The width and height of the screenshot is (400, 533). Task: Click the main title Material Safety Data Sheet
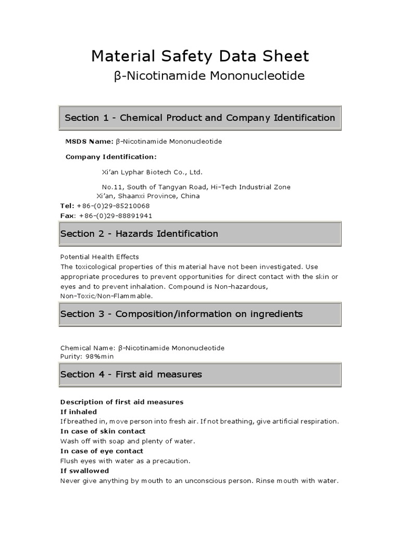tap(200, 56)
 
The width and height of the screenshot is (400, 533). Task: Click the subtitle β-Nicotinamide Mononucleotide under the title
tap(209, 77)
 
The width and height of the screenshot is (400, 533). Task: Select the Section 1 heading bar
tap(200, 118)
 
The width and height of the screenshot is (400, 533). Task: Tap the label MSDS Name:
tap(89, 141)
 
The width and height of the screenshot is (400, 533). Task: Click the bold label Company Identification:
tap(110, 157)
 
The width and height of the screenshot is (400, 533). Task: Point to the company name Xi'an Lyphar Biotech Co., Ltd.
tap(152, 172)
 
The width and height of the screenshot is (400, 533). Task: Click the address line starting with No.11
tap(196, 187)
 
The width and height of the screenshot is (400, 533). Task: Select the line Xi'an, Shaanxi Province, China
tap(148, 196)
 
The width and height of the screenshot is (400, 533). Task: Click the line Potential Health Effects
tap(99, 257)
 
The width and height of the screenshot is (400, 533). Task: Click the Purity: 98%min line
tap(86, 357)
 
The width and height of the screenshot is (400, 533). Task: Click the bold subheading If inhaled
tap(79, 412)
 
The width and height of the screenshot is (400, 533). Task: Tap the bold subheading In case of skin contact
tap(103, 431)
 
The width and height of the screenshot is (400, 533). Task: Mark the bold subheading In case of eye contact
tap(102, 451)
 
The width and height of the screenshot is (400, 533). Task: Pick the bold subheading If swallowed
tap(84, 471)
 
